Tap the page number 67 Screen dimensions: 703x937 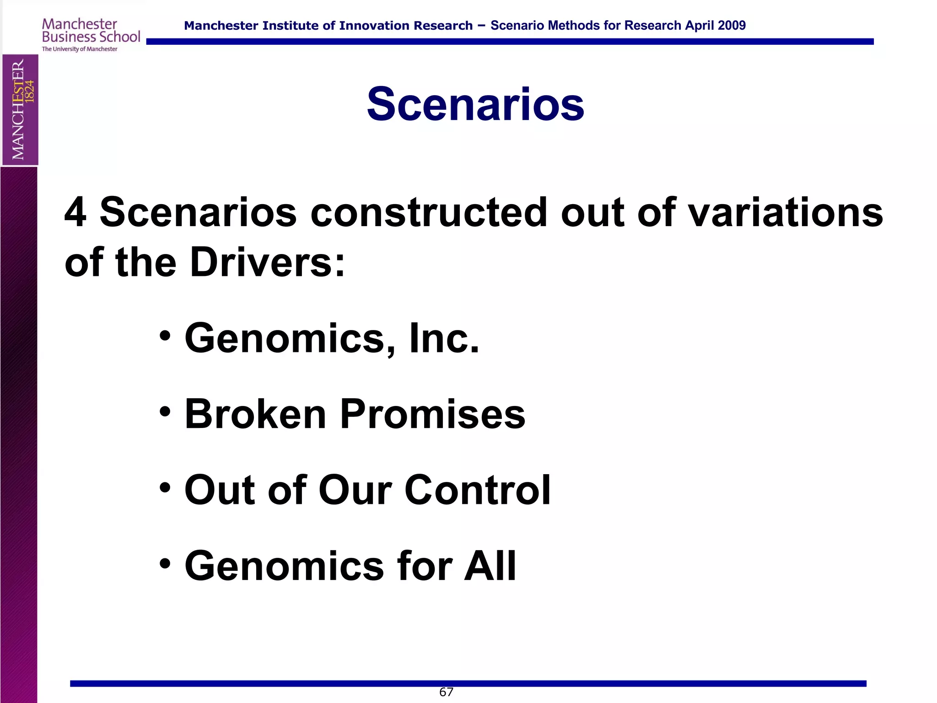coord(446,692)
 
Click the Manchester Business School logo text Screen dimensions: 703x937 coord(91,31)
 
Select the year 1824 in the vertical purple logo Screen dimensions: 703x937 coord(29,91)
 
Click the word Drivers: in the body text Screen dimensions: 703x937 coord(267,262)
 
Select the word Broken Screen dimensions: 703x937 coord(255,414)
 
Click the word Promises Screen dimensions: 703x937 coord(432,414)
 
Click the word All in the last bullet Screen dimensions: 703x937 coord(490,566)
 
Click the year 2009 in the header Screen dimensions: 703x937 coord(732,26)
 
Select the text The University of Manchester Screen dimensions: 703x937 coord(80,49)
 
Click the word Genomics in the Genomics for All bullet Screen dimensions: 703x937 coord(284,566)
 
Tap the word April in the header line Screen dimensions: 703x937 coord(699,26)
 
